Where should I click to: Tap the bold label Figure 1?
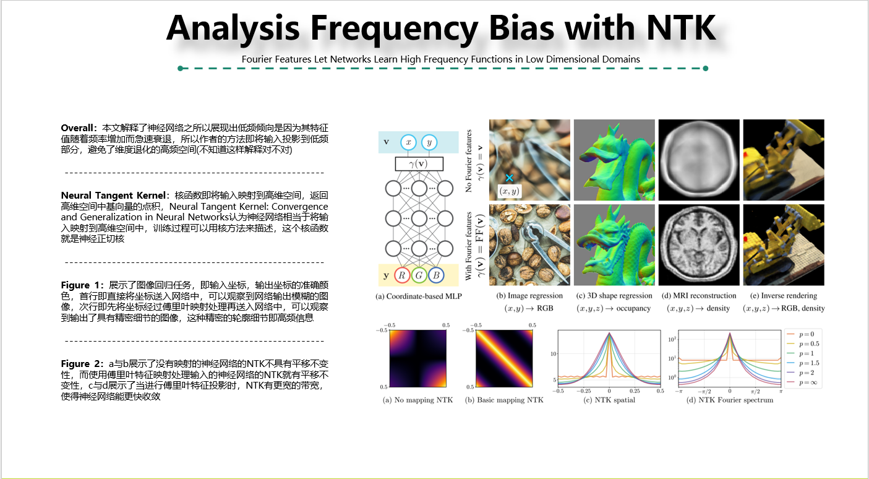click(83, 285)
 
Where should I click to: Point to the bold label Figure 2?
click(83, 364)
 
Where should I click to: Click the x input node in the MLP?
click(408, 142)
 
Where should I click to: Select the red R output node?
click(402, 275)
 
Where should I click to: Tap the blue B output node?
click(435, 275)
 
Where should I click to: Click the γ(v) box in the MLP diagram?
click(419, 163)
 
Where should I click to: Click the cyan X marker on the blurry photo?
click(509, 178)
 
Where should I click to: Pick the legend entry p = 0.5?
click(809, 343)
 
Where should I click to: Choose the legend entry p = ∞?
click(809, 384)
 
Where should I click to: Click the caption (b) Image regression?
click(529, 296)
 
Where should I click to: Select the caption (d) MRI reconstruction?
click(699, 296)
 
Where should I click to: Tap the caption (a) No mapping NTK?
click(418, 400)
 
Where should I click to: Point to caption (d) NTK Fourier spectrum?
click(729, 400)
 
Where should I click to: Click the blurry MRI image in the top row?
click(699, 159)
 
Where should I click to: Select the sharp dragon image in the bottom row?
click(614, 245)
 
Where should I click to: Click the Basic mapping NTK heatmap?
click(503, 358)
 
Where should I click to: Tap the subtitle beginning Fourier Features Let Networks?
click(440, 59)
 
